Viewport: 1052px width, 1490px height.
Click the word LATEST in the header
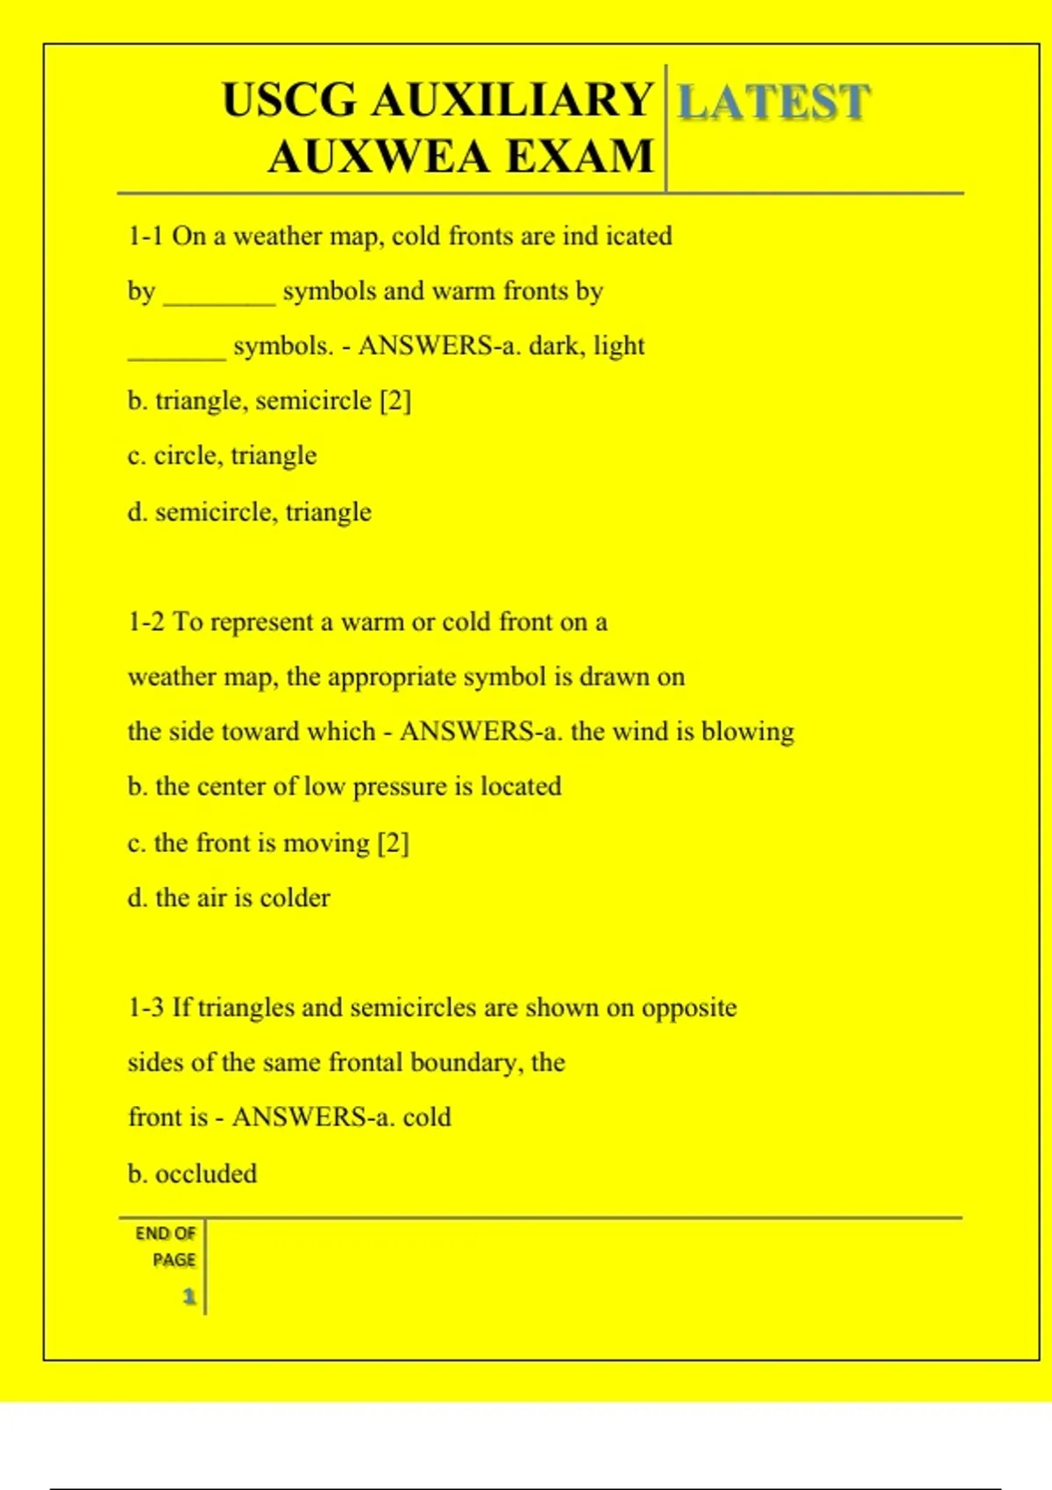pos(773,102)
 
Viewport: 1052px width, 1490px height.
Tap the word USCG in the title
pos(289,100)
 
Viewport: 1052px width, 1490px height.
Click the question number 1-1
pos(146,237)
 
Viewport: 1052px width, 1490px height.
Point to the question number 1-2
pos(146,622)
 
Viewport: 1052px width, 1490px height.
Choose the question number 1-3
pos(146,1008)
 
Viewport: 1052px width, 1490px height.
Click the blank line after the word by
pos(219,298)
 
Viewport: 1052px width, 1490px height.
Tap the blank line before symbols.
pos(176,353)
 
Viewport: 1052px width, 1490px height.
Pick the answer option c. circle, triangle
pos(222,457)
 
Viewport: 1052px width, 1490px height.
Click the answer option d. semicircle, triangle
pos(249,512)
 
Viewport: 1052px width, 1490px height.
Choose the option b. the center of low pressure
pos(344,787)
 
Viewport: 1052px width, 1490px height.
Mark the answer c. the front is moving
pos(267,843)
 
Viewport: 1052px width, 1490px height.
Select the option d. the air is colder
pos(229,898)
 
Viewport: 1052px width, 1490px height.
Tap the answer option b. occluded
pos(192,1174)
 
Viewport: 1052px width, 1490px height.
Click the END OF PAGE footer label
pos(166,1246)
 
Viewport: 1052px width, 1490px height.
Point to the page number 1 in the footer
pos(188,1296)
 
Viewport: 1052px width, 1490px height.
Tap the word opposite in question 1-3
pos(689,1008)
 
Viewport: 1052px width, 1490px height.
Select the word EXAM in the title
pos(579,158)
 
